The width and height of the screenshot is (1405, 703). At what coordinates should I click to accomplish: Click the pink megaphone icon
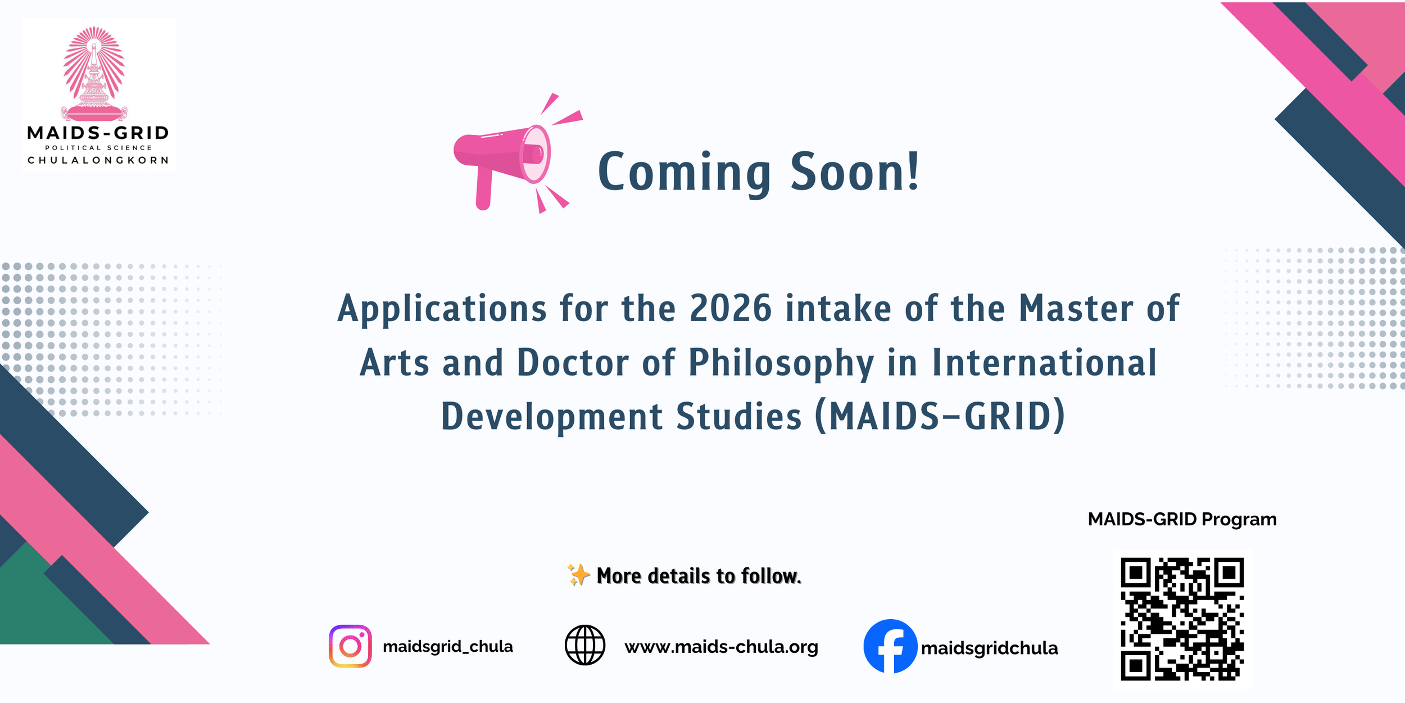[509, 157]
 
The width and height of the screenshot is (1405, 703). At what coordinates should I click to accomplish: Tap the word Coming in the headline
[684, 173]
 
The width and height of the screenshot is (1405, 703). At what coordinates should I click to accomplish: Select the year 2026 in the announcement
[730, 308]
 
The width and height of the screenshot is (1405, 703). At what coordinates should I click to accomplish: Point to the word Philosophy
[781, 363]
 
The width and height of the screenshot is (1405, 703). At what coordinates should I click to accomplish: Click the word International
[1044, 362]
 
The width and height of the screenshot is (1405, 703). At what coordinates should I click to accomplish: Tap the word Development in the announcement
[552, 417]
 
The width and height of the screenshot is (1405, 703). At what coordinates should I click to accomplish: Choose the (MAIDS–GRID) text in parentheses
[940, 416]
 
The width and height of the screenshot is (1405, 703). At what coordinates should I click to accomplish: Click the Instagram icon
[350, 646]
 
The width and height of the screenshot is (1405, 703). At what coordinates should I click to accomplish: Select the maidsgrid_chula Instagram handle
[447, 647]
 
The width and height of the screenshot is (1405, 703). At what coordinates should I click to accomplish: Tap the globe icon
[584, 645]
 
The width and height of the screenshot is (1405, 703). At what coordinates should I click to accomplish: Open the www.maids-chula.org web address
[721, 647]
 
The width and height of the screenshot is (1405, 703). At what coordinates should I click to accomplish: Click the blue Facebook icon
[890, 646]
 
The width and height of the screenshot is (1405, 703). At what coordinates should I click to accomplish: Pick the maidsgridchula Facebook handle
[989, 648]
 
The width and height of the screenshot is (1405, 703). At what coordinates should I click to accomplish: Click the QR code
[1182, 619]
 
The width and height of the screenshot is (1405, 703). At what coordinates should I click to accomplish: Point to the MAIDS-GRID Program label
[1182, 519]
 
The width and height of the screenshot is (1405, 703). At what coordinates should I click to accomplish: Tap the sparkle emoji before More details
[578, 575]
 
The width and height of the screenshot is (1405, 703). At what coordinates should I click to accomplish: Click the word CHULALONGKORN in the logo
[98, 160]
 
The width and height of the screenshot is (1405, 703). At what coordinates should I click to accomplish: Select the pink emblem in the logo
[94, 73]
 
